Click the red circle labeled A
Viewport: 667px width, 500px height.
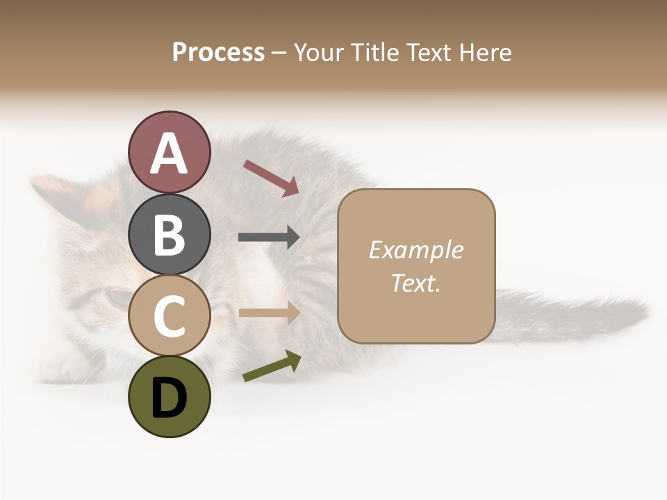click(169, 152)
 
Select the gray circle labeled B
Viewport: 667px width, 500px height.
click(169, 233)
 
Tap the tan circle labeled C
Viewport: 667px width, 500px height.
click(169, 315)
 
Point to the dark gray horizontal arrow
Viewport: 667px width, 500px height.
click(269, 237)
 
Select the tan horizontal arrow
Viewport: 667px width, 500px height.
click(269, 313)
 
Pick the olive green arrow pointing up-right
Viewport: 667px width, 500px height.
click(272, 366)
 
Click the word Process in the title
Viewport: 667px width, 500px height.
click(218, 52)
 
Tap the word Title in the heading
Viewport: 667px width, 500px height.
click(373, 52)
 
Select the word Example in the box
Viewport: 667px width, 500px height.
click(415, 250)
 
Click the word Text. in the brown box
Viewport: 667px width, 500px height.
click(415, 283)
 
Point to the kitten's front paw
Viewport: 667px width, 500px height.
click(63, 368)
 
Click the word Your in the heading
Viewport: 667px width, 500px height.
click(318, 52)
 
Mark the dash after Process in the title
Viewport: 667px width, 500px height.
click(279, 53)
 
